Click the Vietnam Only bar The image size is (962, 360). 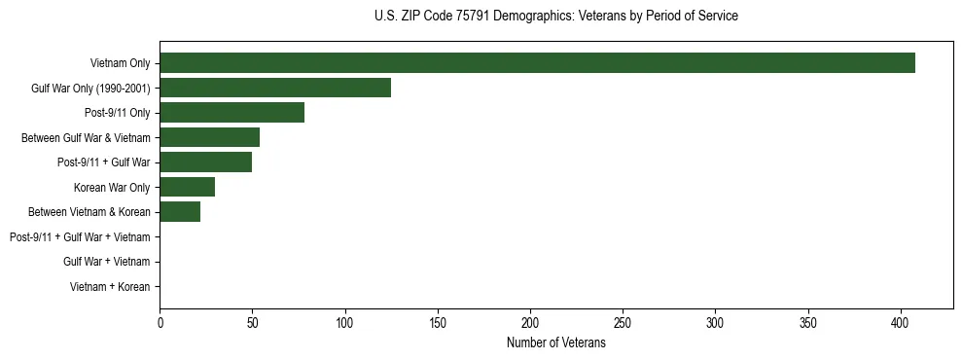tap(537, 63)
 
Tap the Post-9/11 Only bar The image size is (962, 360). tap(232, 113)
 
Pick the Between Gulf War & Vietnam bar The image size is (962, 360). tap(209, 138)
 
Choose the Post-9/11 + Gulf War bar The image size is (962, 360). tap(205, 162)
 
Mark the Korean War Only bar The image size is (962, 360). tap(187, 187)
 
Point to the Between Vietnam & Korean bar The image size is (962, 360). tap(180, 212)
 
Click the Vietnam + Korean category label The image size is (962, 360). tap(110, 287)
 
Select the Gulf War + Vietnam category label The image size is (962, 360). tap(106, 262)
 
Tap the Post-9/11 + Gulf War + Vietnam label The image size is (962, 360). tap(80, 237)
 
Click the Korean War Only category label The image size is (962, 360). tap(112, 188)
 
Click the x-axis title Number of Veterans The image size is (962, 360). tap(556, 343)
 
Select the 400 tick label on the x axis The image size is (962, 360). tap(901, 321)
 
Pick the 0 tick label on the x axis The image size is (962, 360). tap(160, 321)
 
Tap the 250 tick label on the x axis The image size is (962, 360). tap(623, 321)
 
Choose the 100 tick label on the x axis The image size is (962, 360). tap(345, 321)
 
